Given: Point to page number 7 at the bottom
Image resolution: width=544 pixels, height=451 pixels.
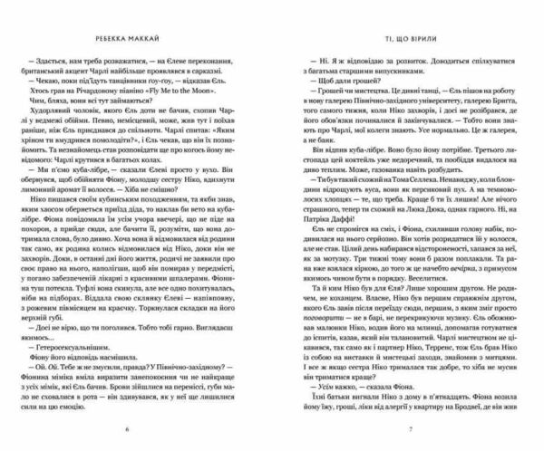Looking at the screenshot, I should pos(410,428).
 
